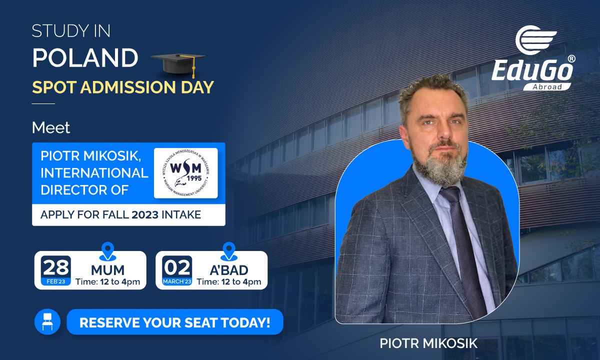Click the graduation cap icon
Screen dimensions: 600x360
click(x=178, y=64)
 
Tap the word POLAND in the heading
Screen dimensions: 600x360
click(x=85, y=58)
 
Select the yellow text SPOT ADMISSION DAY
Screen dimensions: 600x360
click(x=123, y=87)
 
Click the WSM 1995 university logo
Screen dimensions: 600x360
click(x=186, y=173)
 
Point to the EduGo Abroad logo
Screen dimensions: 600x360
click(x=533, y=58)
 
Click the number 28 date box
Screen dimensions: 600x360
click(x=56, y=270)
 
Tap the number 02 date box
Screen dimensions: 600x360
click(x=177, y=270)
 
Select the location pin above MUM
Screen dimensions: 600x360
click(x=107, y=251)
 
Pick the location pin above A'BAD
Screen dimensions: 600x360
click(x=229, y=251)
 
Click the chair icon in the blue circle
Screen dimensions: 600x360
click(x=47, y=321)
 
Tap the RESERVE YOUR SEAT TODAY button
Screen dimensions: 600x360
click(x=175, y=322)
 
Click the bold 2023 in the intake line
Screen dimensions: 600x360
click(x=145, y=215)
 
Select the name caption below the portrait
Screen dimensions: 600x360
click(x=428, y=343)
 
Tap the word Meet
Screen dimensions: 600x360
click(x=51, y=127)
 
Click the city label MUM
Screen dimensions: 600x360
click(x=107, y=270)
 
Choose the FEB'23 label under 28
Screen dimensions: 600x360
click(x=56, y=281)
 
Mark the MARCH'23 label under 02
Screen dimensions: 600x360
click(x=177, y=281)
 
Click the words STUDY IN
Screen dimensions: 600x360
click(x=71, y=31)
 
